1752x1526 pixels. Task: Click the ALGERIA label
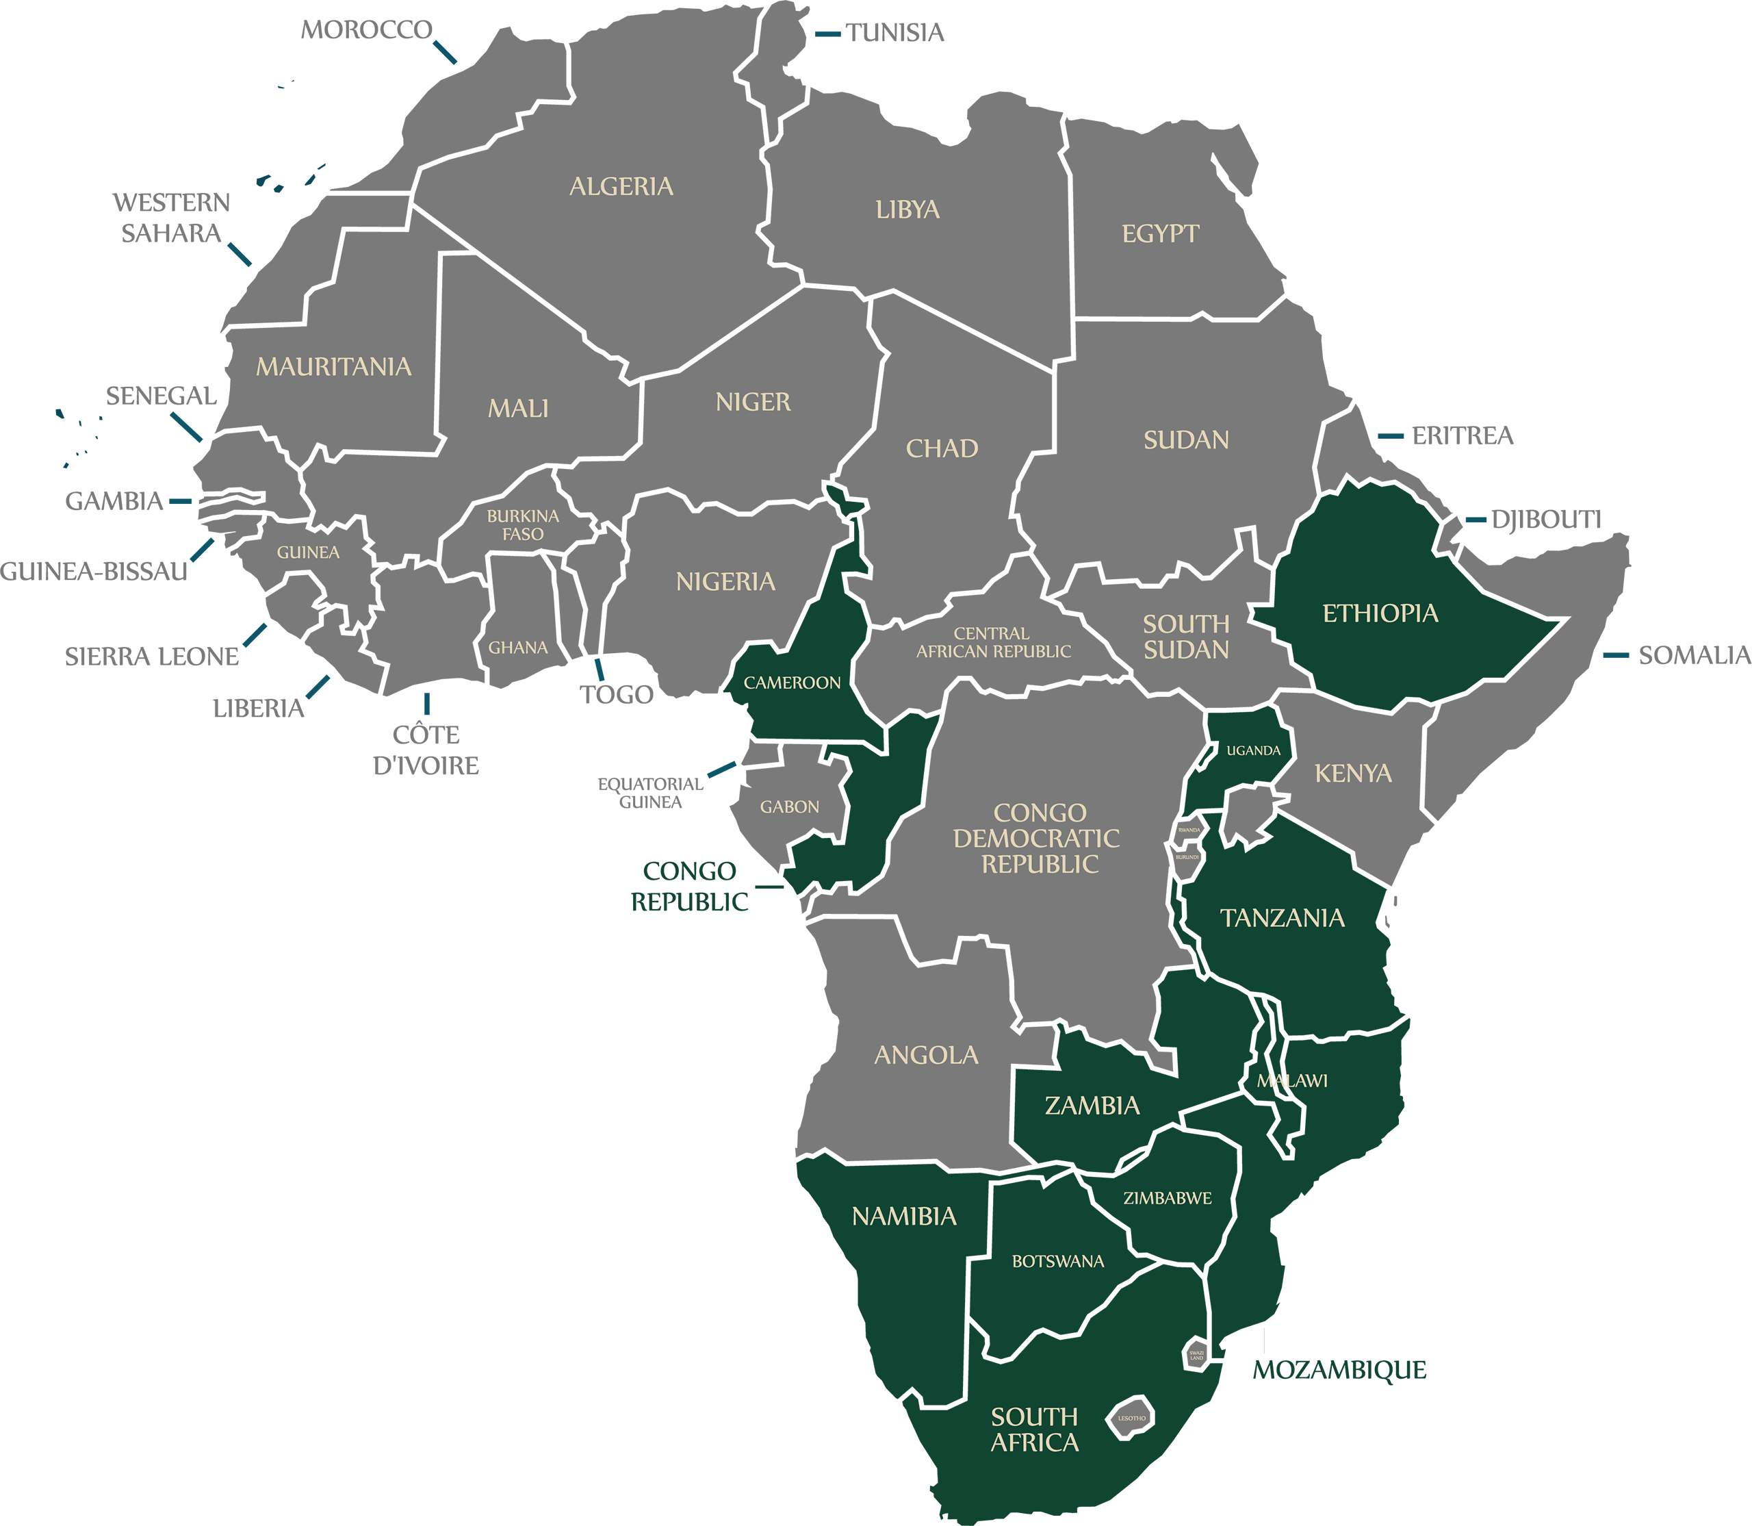click(x=621, y=186)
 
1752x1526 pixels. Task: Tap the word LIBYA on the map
click(x=907, y=209)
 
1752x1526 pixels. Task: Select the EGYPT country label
click(x=1159, y=233)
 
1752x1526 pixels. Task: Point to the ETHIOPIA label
click(x=1380, y=613)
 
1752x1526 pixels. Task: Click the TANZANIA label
click(x=1282, y=918)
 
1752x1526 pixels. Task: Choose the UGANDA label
click(x=1253, y=750)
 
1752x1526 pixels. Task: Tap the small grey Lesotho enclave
click(x=1132, y=1418)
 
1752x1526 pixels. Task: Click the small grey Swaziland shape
click(x=1196, y=1355)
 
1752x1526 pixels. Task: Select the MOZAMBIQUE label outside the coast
click(x=1339, y=1370)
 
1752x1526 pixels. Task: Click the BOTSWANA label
click(x=1057, y=1261)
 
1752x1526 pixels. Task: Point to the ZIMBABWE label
click(x=1167, y=1198)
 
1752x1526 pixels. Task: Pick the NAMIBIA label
click(x=904, y=1216)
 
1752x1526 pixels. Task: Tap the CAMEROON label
click(x=792, y=683)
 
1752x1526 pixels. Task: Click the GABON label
click(x=789, y=806)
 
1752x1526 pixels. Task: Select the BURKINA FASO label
click(x=523, y=525)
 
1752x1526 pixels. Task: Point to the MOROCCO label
click(x=367, y=31)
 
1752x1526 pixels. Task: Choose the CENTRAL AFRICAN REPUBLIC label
click(x=992, y=642)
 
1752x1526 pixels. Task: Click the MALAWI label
click(x=1291, y=1080)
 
